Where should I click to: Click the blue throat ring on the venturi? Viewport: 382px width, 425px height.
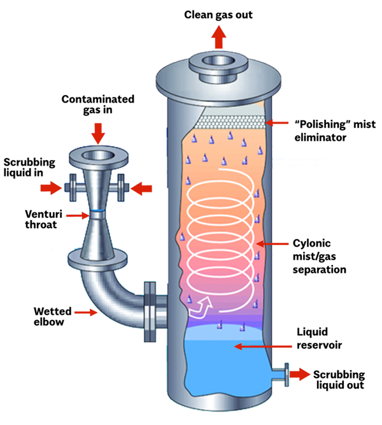tap(97, 211)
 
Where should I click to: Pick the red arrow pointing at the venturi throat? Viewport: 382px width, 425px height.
tap(76, 216)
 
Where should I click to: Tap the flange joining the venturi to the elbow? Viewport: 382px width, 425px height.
tap(96, 260)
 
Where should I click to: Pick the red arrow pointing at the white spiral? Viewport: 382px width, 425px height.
tap(271, 245)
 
